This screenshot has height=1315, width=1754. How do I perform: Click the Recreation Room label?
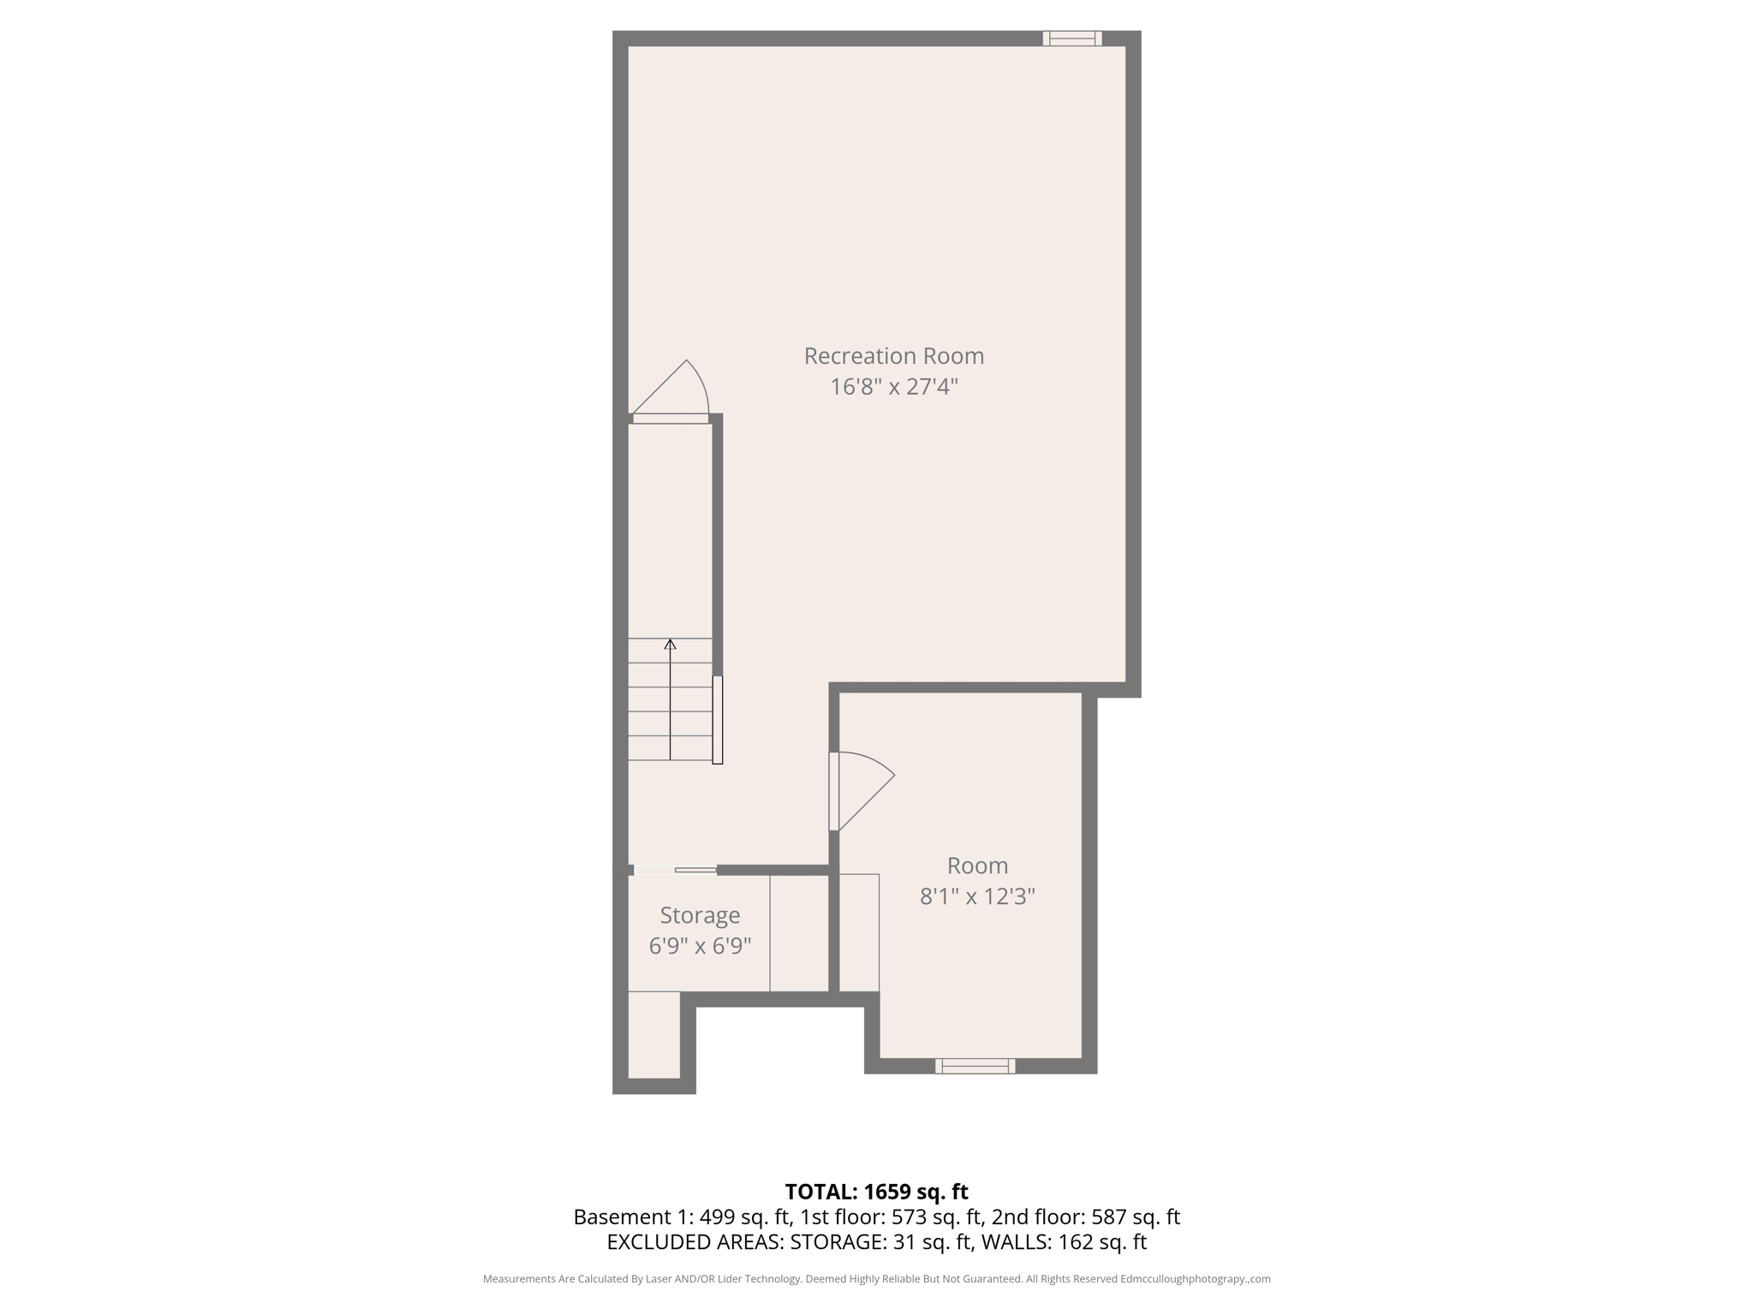tap(893, 355)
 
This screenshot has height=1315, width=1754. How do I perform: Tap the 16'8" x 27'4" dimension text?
tap(893, 387)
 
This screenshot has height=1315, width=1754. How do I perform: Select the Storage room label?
tap(700, 915)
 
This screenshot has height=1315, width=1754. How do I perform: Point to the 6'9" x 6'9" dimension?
tap(700, 946)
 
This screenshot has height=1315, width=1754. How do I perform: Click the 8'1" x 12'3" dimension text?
tap(977, 896)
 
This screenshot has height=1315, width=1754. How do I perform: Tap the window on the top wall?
tap(1071, 38)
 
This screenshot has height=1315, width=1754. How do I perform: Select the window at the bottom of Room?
tap(975, 1066)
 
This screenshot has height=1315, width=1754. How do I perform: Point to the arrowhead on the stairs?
tap(670, 644)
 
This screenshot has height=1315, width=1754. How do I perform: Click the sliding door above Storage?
tap(676, 870)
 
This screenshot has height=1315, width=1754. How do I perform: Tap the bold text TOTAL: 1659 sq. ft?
tap(876, 1192)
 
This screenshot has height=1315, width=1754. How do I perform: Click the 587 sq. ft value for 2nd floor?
tap(1135, 1217)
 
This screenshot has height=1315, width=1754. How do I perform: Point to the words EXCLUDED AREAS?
tap(695, 1241)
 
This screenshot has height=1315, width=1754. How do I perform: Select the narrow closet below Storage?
tap(654, 1034)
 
